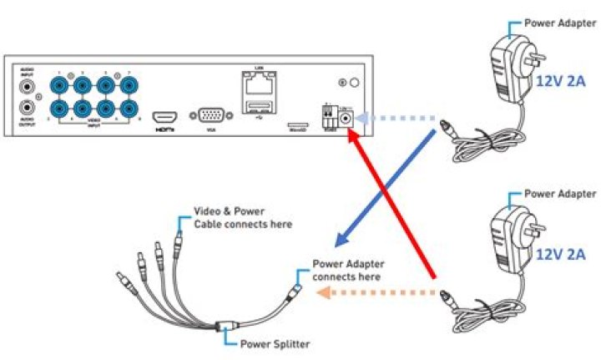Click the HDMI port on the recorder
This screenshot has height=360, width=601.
tap(165, 117)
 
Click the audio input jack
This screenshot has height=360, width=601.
tap(28, 87)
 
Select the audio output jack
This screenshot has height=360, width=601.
tap(28, 107)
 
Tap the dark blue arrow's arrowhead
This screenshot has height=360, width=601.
tap(337, 241)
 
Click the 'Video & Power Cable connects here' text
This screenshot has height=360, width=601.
tap(243, 218)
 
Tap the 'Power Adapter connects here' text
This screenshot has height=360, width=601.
tap(347, 270)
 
